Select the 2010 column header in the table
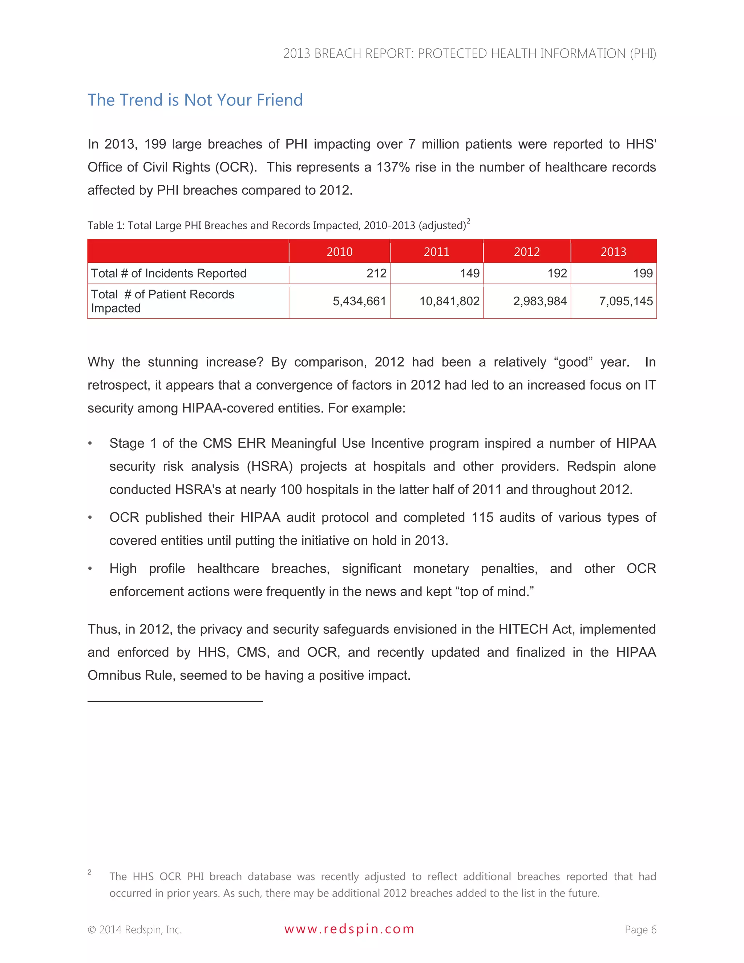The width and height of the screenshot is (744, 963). [x=339, y=252]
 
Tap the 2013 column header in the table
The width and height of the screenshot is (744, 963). [x=613, y=252]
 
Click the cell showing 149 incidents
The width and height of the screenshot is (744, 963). [x=469, y=273]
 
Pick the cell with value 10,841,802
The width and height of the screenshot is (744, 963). [x=449, y=301]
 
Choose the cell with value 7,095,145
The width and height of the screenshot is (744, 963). [x=626, y=301]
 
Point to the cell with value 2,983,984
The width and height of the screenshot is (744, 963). [x=539, y=301]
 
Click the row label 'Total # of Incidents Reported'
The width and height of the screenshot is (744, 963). [x=168, y=273]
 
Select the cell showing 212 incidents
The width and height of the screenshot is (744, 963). [x=376, y=273]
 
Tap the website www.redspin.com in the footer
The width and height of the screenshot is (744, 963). [x=349, y=929]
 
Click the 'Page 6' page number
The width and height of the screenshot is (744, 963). [x=640, y=930]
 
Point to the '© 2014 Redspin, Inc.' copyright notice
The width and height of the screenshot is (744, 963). [x=134, y=930]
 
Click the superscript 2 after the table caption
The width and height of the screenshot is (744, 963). [x=469, y=221]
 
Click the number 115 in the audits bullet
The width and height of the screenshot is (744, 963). [x=482, y=517]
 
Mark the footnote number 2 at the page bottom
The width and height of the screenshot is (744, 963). [x=89, y=872]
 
